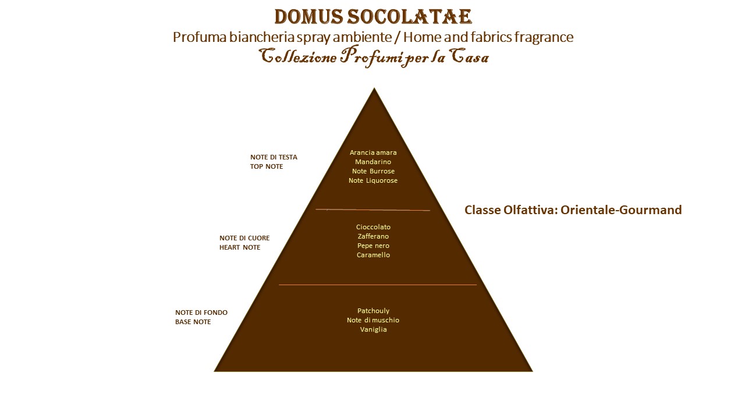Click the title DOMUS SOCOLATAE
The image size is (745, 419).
tap(373, 17)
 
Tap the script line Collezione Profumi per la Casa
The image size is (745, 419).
tap(374, 56)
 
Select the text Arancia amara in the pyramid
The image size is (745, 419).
tap(373, 152)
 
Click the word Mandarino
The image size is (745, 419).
tap(373, 162)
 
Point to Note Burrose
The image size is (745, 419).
tap(373, 171)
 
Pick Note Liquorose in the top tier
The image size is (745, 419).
tap(373, 180)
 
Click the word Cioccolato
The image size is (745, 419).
tap(373, 227)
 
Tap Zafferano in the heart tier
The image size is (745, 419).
tap(373, 236)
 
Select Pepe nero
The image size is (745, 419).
tap(373, 246)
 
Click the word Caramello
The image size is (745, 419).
tap(373, 255)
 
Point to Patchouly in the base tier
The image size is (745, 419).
tap(373, 311)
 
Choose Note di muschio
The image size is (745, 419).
tap(373, 320)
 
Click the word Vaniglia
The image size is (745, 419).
tap(373, 329)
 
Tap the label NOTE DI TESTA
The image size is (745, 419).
tap(274, 157)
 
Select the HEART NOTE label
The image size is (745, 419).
tap(240, 247)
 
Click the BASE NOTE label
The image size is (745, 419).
tap(193, 322)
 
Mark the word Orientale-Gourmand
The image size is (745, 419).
tap(621, 210)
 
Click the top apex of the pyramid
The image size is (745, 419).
tap(374, 88)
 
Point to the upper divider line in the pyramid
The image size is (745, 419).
tap(373, 210)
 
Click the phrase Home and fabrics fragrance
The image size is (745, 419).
tap(488, 37)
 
